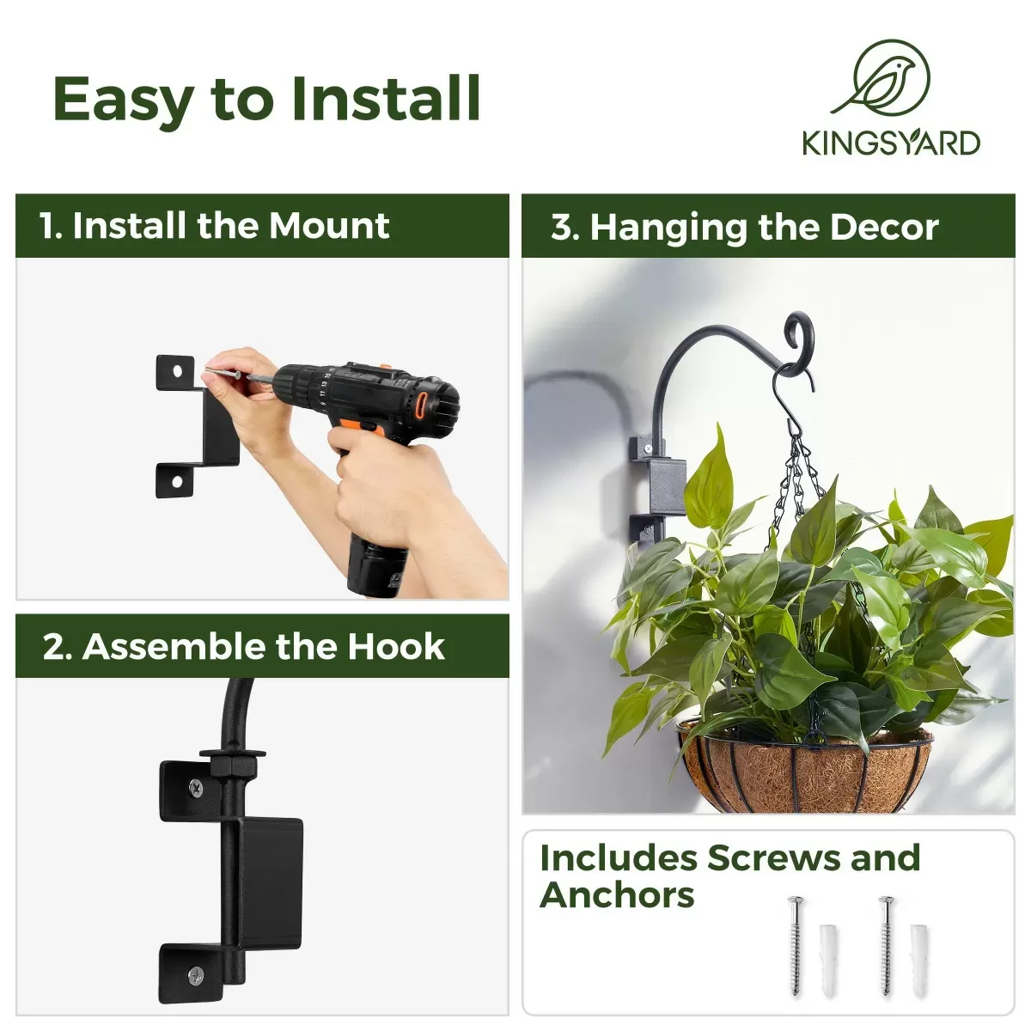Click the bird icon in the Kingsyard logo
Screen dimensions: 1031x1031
click(880, 80)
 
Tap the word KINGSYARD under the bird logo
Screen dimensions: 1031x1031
click(891, 143)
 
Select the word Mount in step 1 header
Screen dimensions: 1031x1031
click(329, 225)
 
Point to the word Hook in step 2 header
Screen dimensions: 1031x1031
click(396, 646)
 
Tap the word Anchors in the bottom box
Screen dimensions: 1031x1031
click(617, 895)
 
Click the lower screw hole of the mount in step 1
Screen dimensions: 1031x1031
click(176, 481)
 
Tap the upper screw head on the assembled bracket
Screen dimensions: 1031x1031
click(197, 787)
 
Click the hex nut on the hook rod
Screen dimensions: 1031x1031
click(233, 767)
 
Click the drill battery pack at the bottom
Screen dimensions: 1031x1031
click(377, 567)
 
